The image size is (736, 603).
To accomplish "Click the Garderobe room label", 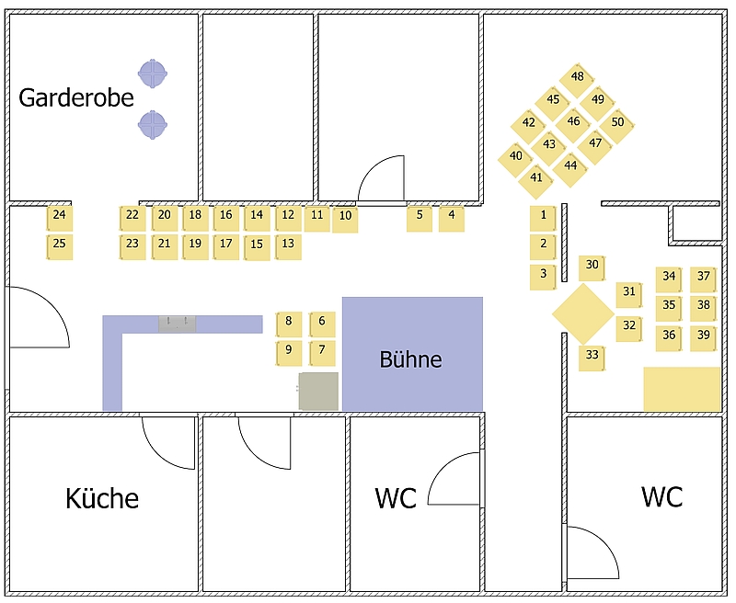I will point(76,98).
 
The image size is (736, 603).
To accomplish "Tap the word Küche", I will point(102,499).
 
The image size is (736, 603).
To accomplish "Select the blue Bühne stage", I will point(412,354).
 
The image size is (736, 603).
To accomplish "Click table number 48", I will point(578,78).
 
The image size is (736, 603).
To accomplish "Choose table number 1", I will point(543,218).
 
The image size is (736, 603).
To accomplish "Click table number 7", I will point(322,350).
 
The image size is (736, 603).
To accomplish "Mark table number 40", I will point(516,157).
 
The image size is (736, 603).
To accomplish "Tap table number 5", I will point(420,217).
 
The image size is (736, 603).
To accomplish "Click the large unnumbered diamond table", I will point(582,314).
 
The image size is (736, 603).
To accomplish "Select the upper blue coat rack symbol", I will point(153,72).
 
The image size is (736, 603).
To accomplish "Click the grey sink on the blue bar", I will point(178,323).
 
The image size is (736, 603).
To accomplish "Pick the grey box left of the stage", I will point(318,391).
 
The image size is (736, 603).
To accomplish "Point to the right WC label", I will point(661,497).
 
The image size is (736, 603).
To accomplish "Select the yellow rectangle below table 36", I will point(682,389).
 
